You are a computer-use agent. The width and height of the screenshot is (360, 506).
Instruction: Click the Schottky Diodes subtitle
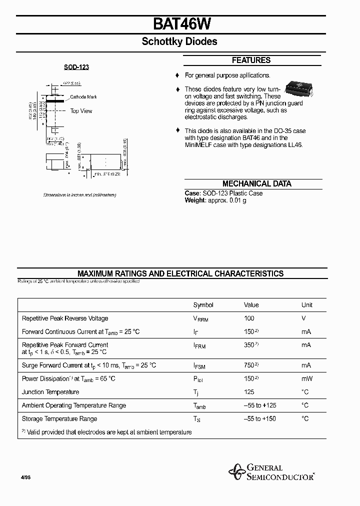(x=179, y=42)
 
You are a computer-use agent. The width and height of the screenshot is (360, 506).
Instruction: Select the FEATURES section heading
(x=251, y=60)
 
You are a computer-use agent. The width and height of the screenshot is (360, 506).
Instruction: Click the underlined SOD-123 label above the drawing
(x=76, y=67)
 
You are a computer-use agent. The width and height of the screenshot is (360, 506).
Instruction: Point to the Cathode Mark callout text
(x=83, y=97)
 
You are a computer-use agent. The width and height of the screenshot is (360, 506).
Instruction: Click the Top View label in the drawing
(x=81, y=111)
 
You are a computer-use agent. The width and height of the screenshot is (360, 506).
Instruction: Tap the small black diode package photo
(x=298, y=88)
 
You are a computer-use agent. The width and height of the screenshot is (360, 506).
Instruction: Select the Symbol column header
(x=203, y=305)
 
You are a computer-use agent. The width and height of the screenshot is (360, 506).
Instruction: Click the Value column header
(x=251, y=305)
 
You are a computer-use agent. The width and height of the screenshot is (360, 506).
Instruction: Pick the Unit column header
(x=306, y=305)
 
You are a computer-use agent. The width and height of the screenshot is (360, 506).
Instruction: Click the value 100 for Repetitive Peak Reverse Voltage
(x=249, y=318)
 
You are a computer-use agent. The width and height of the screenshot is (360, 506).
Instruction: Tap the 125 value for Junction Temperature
(x=249, y=392)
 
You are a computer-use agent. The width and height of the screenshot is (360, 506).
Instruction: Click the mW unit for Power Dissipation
(x=306, y=379)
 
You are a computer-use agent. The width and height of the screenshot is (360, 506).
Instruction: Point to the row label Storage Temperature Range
(x=59, y=419)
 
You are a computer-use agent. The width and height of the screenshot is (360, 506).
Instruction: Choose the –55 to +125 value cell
(x=259, y=405)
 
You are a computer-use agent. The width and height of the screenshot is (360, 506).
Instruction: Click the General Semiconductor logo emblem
(x=235, y=471)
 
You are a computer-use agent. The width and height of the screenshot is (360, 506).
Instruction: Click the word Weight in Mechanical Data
(x=195, y=200)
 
